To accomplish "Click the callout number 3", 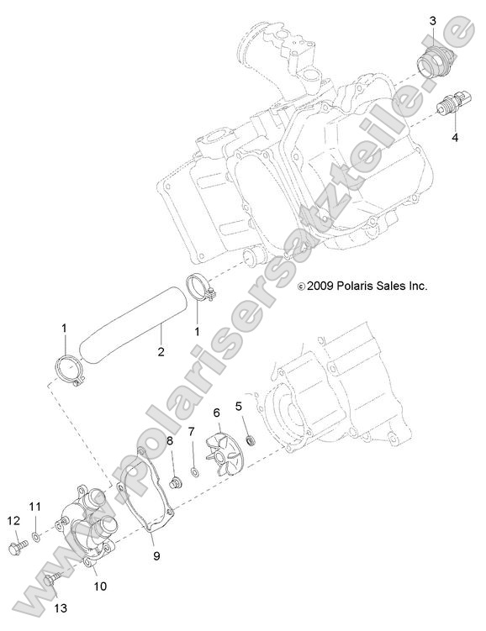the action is [432, 21].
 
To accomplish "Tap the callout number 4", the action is [455, 138].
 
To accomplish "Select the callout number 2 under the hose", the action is [161, 352].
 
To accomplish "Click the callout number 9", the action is [156, 555].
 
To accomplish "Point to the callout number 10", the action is [100, 586].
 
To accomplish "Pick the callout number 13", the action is [61, 608].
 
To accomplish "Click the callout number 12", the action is [13, 521].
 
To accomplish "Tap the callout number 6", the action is [217, 413].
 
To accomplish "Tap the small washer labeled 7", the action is [194, 471].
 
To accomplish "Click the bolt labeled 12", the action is [18, 546].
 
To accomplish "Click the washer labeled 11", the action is [35, 536].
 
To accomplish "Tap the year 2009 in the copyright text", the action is [320, 287].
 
